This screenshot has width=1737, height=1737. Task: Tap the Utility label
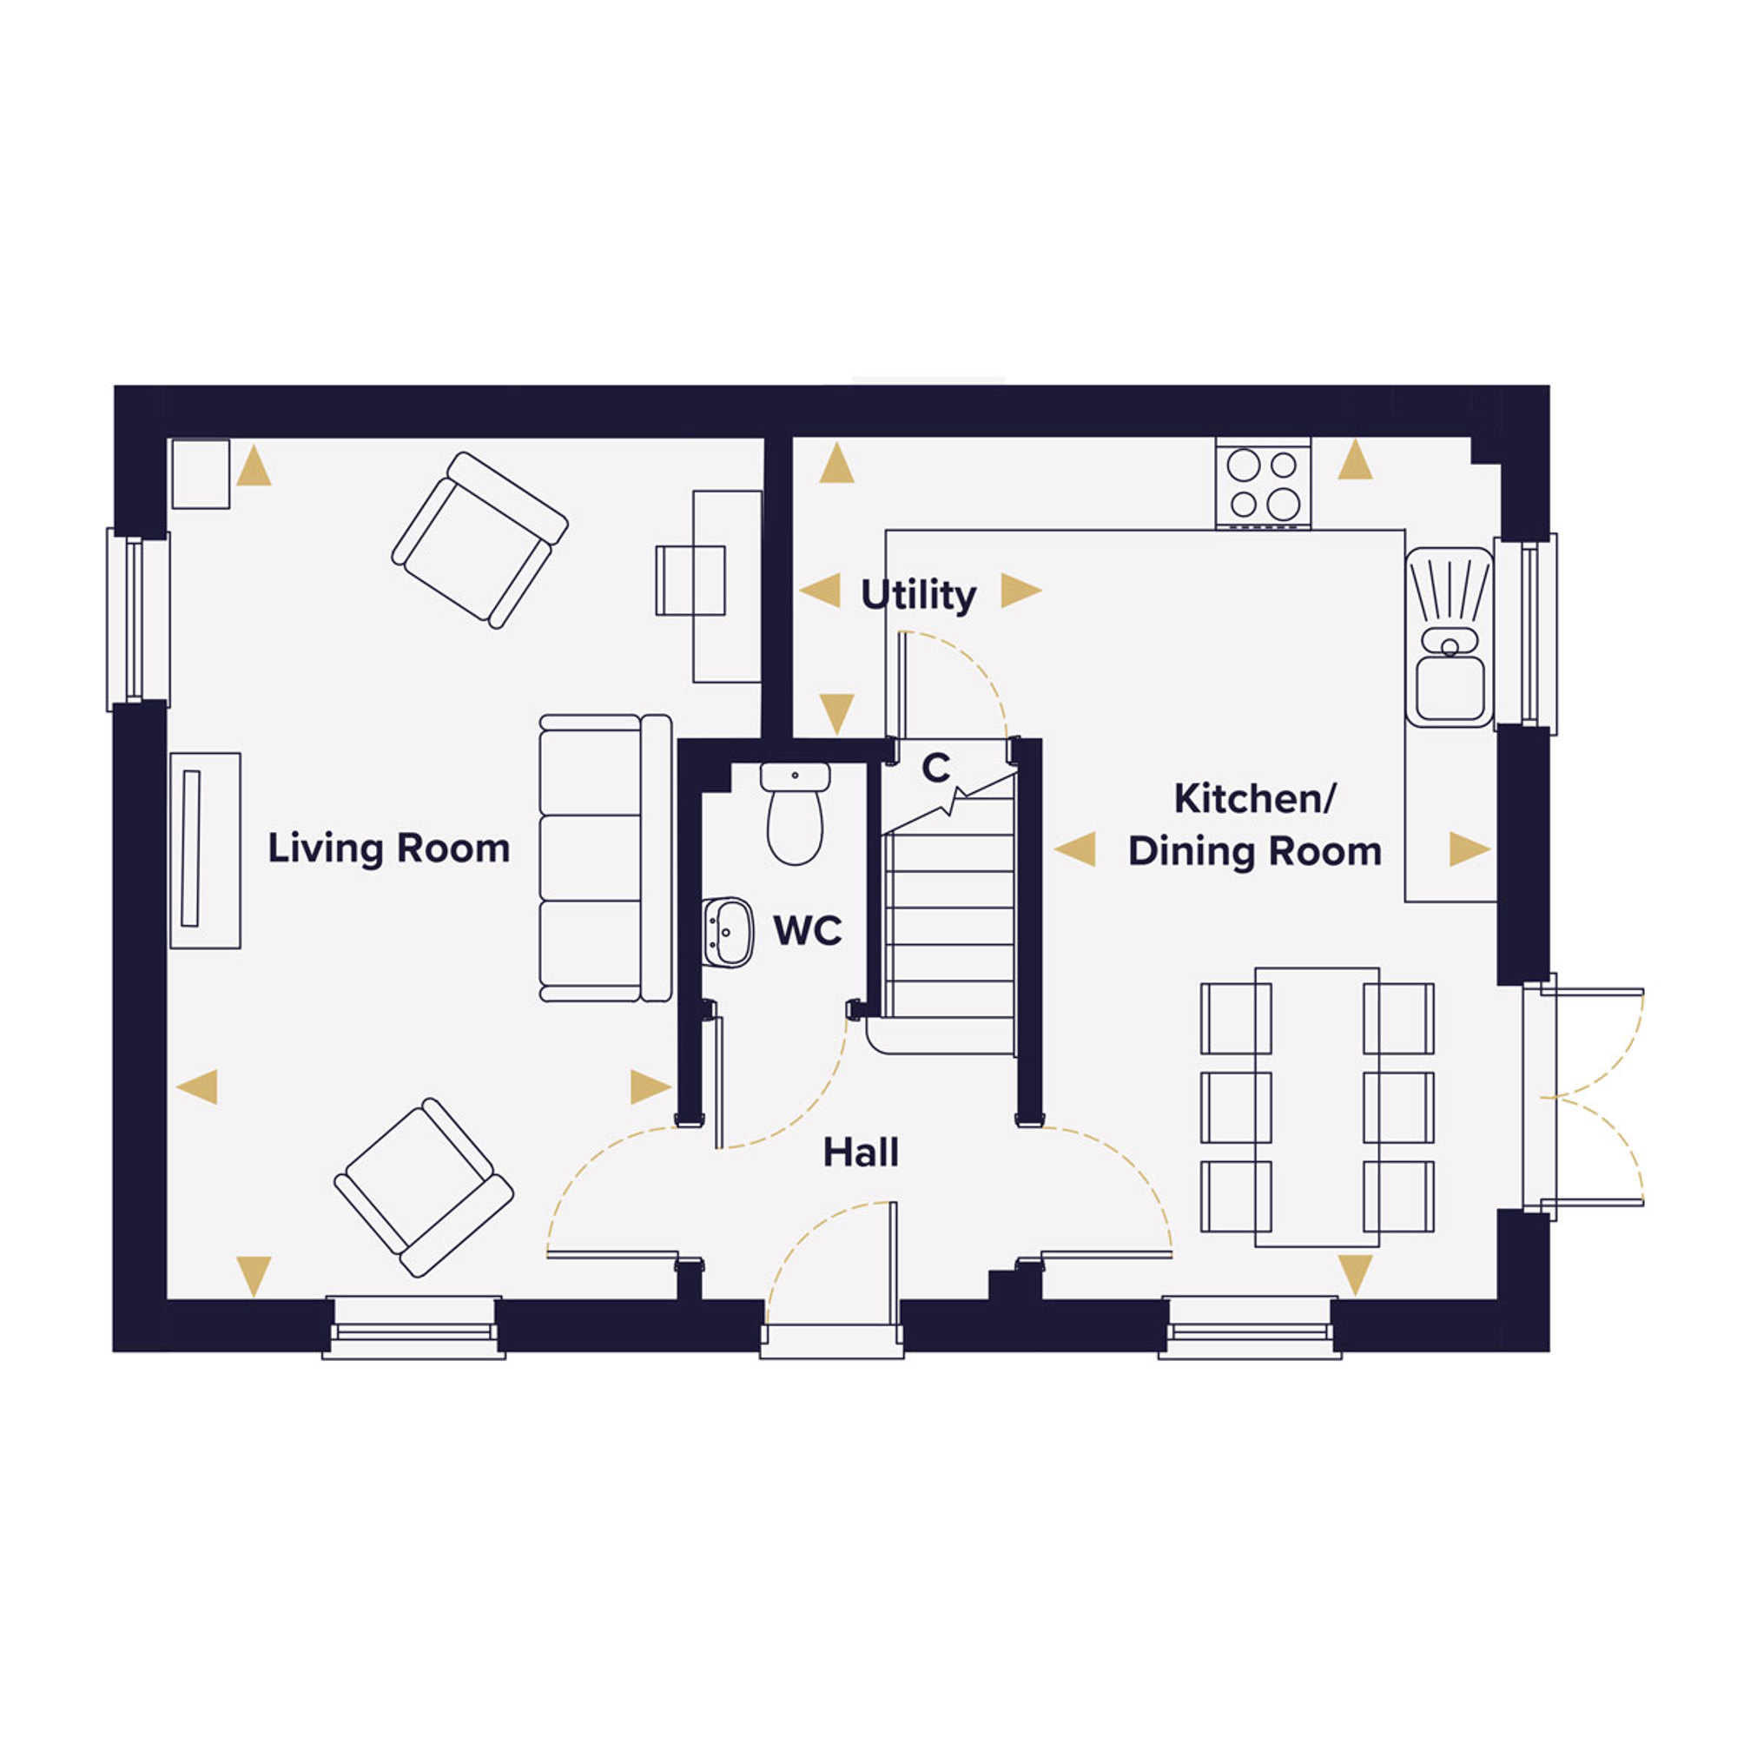(918, 595)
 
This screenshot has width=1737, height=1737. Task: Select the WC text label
(808, 930)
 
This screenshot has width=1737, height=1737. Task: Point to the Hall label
(861, 1152)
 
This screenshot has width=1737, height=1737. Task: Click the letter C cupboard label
(936, 769)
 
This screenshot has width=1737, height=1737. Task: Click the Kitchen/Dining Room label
(1255, 825)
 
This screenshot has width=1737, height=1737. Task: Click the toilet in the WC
(795, 814)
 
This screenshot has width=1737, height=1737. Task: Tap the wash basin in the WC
(727, 932)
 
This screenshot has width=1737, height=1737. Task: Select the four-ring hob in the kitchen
(1263, 483)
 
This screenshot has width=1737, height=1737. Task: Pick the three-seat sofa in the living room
(605, 859)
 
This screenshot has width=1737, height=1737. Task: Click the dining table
(1318, 1107)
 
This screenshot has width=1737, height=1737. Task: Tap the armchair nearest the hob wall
(479, 539)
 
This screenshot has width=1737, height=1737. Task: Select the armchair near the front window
(424, 1187)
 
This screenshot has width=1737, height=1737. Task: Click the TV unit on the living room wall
(205, 850)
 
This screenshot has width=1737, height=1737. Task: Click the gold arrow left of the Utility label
(819, 591)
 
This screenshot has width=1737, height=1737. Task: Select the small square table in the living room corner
(201, 474)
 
